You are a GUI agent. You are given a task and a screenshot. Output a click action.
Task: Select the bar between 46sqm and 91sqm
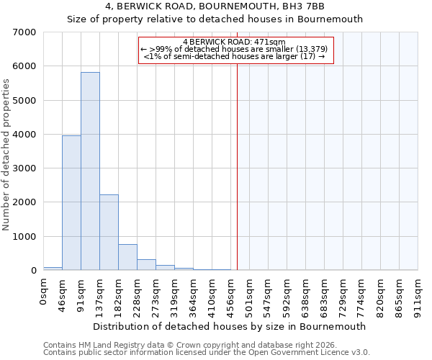click(71, 202)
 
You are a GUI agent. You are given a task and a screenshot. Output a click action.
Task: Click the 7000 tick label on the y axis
click(25, 32)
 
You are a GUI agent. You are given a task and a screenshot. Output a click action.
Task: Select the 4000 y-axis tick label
click(25, 135)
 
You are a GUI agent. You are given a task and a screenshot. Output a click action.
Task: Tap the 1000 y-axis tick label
click(25, 237)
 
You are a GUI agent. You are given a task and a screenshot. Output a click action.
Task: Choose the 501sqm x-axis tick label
click(249, 295)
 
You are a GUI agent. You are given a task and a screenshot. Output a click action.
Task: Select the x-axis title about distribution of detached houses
click(230, 326)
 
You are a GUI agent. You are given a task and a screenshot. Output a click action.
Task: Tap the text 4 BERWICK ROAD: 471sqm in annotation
click(235, 42)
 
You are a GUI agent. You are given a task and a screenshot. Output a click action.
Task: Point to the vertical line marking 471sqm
click(237, 166)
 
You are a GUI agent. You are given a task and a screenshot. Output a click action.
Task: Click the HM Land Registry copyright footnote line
click(205, 345)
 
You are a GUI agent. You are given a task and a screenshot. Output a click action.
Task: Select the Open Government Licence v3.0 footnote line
click(207, 352)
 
